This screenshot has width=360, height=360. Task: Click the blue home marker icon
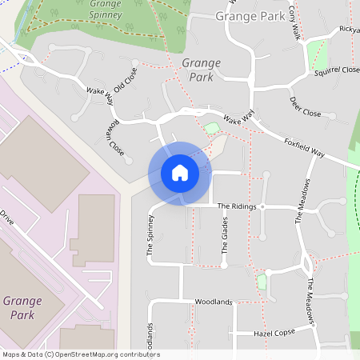(x=180, y=172)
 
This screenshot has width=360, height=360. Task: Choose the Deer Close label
(x=305, y=107)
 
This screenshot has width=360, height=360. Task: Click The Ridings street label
(x=237, y=206)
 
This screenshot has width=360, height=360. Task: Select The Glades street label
(x=225, y=239)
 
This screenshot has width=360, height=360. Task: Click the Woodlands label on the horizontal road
(x=213, y=302)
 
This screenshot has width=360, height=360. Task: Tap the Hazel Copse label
(x=274, y=332)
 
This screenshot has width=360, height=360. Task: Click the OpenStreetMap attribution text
(x=80, y=354)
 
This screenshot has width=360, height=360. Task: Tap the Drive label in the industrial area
(x=7, y=218)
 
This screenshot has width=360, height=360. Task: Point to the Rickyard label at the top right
(x=349, y=30)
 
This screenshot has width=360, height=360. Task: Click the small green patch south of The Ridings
(x=262, y=281)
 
